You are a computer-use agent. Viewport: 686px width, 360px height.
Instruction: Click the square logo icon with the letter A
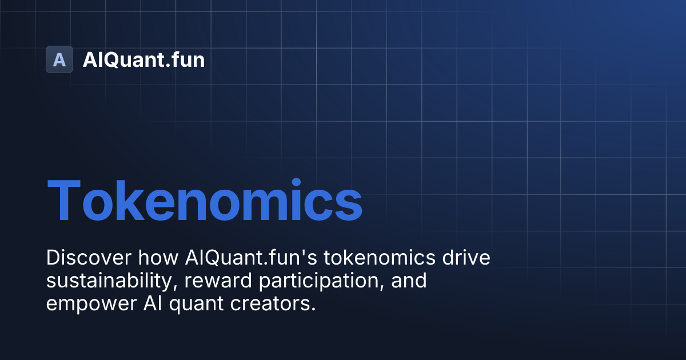tap(59, 59)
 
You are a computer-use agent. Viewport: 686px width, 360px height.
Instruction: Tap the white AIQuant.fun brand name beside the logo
tap(143, 59)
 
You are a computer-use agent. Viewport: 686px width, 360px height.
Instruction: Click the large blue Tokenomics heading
tap(205, 201)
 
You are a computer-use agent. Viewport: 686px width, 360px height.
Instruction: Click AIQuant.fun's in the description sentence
tap(251, 258)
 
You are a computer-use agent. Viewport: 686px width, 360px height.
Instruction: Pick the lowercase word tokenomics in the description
tap(380, 258)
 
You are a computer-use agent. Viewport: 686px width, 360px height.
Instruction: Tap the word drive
tap(466, 258)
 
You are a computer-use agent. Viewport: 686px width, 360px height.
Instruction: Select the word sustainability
tap(109, 281)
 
